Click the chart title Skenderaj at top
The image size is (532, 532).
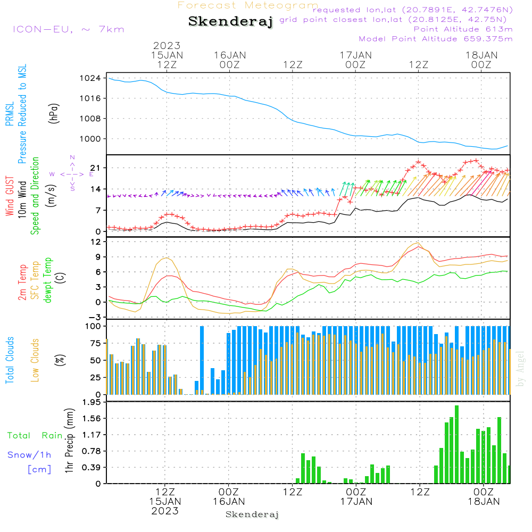coord(230,22)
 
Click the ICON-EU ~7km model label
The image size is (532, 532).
coord(68,29)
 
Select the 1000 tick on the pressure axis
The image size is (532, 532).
coord(93,139)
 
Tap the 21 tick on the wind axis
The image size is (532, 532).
coord(96,168)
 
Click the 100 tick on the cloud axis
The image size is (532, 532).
coord(94,326)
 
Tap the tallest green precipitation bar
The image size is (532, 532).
coord(456,444)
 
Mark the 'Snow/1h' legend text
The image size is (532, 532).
coord(29,455)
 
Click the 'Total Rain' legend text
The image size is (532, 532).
coord(35,436)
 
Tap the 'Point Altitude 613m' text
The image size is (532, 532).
coord(463,29)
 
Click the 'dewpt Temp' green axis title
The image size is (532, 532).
coord(48,280)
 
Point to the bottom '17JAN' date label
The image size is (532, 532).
coord(356,501)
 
